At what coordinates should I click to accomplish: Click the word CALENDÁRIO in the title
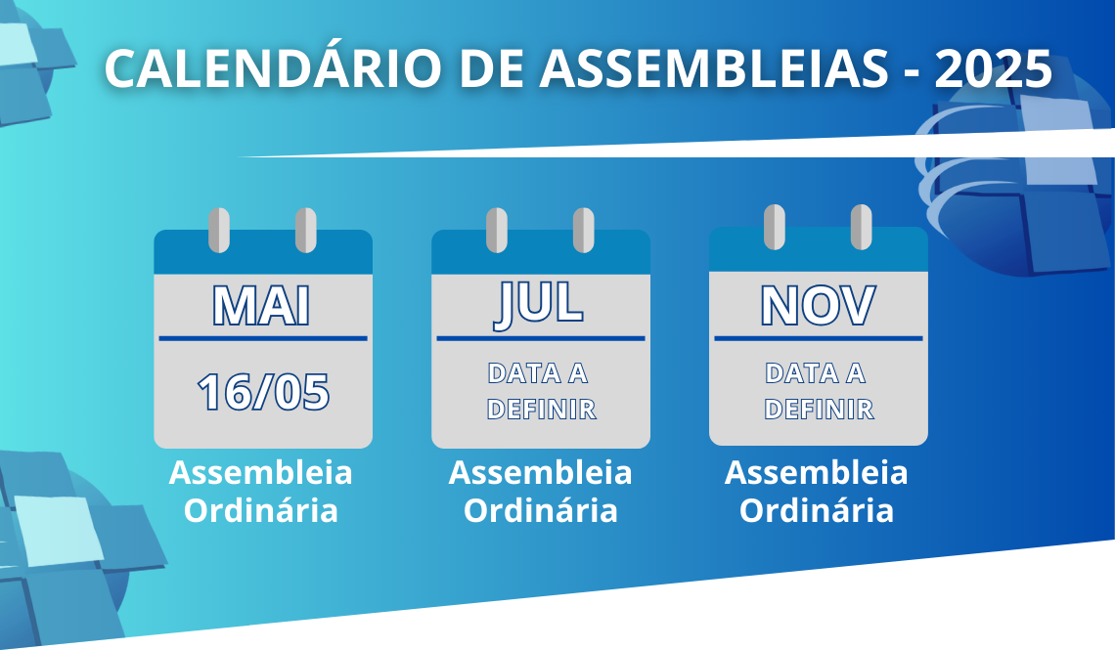pos(274,68)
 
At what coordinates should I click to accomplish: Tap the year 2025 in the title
pos(994,68)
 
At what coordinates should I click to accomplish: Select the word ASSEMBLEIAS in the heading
pos(714,68)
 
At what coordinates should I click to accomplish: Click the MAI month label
pos(262,306)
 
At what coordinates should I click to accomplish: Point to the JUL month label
pos(539,305)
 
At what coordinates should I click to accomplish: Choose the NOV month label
pos(818,306)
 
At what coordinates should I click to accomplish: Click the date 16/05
pos(263,392)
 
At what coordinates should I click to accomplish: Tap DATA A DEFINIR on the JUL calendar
pos(541,391)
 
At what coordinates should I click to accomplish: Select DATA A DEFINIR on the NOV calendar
pos(819,391)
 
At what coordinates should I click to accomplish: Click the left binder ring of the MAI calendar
pos(219,230)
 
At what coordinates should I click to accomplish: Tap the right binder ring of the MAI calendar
pos(306,230)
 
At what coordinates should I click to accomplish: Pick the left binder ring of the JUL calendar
pos(496,230)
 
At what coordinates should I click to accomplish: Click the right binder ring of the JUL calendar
pos(584,230)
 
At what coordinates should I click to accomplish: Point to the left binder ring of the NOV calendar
pos(775,228)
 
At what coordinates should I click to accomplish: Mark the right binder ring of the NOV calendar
pos(861,228)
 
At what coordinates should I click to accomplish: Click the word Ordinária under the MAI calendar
pos(261,511)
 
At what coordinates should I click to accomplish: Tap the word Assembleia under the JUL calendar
pos(541,473)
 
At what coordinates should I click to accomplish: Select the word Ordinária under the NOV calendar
pos(817,511)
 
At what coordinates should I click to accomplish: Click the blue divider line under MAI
pos(263,338)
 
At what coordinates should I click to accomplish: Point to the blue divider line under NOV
pos(819,338)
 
